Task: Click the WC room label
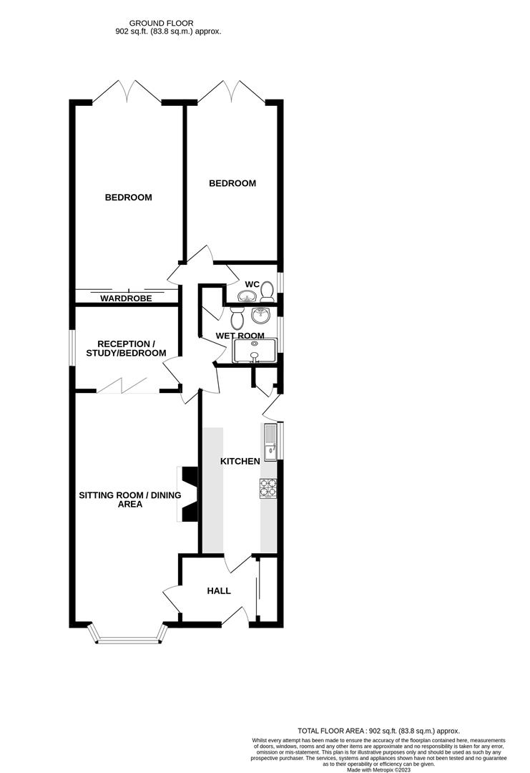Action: pyautogui.click(x=251, y=284)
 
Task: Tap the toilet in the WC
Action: pyautogui.click(x=268, y=291)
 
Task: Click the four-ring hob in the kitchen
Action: pyautogui.click(x=268, y=489)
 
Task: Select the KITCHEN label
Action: pyautogui.click(x=240, y=462)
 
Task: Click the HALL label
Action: pyautogui.click(x=219, y=591)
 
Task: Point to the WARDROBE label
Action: pyautogui.click(x=126, y=298)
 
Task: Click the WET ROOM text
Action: pyautogui.click(x=240, y=336)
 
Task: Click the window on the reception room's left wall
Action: pyautogui.click(x=72, y=349)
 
